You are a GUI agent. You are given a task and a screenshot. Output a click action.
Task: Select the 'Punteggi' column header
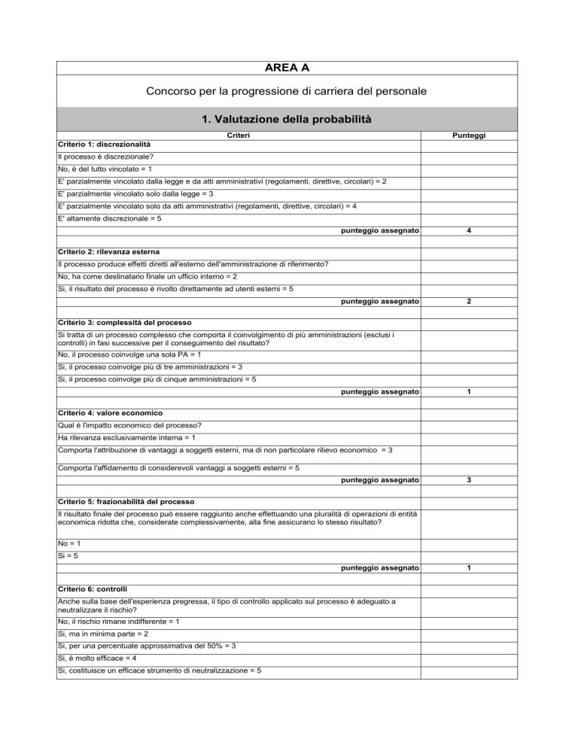[x=469, y=135]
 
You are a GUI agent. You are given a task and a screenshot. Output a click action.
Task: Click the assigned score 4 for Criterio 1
[x=469, y=230]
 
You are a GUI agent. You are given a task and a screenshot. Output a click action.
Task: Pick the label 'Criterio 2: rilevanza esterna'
[x=108, y=250]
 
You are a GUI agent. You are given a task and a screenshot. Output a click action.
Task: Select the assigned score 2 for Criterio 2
[x=469, y=301]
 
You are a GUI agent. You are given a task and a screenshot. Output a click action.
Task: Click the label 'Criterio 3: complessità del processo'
[x=124, y=322]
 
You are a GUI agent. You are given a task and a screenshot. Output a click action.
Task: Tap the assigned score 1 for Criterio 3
[x=469, y=392]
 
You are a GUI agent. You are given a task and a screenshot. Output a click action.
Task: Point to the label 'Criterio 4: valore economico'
[x=108, y=413]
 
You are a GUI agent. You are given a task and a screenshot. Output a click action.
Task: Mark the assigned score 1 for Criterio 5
[x=469, y=568]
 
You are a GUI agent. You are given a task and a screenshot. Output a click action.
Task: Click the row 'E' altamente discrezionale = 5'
[x=110, y=218]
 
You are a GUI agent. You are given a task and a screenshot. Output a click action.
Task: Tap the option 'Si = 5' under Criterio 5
[x=70, y=556]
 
